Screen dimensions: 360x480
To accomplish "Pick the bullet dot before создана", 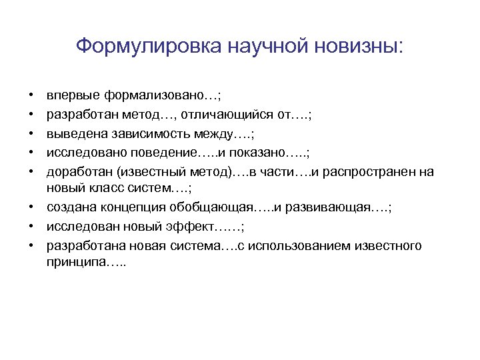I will point(32,207).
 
